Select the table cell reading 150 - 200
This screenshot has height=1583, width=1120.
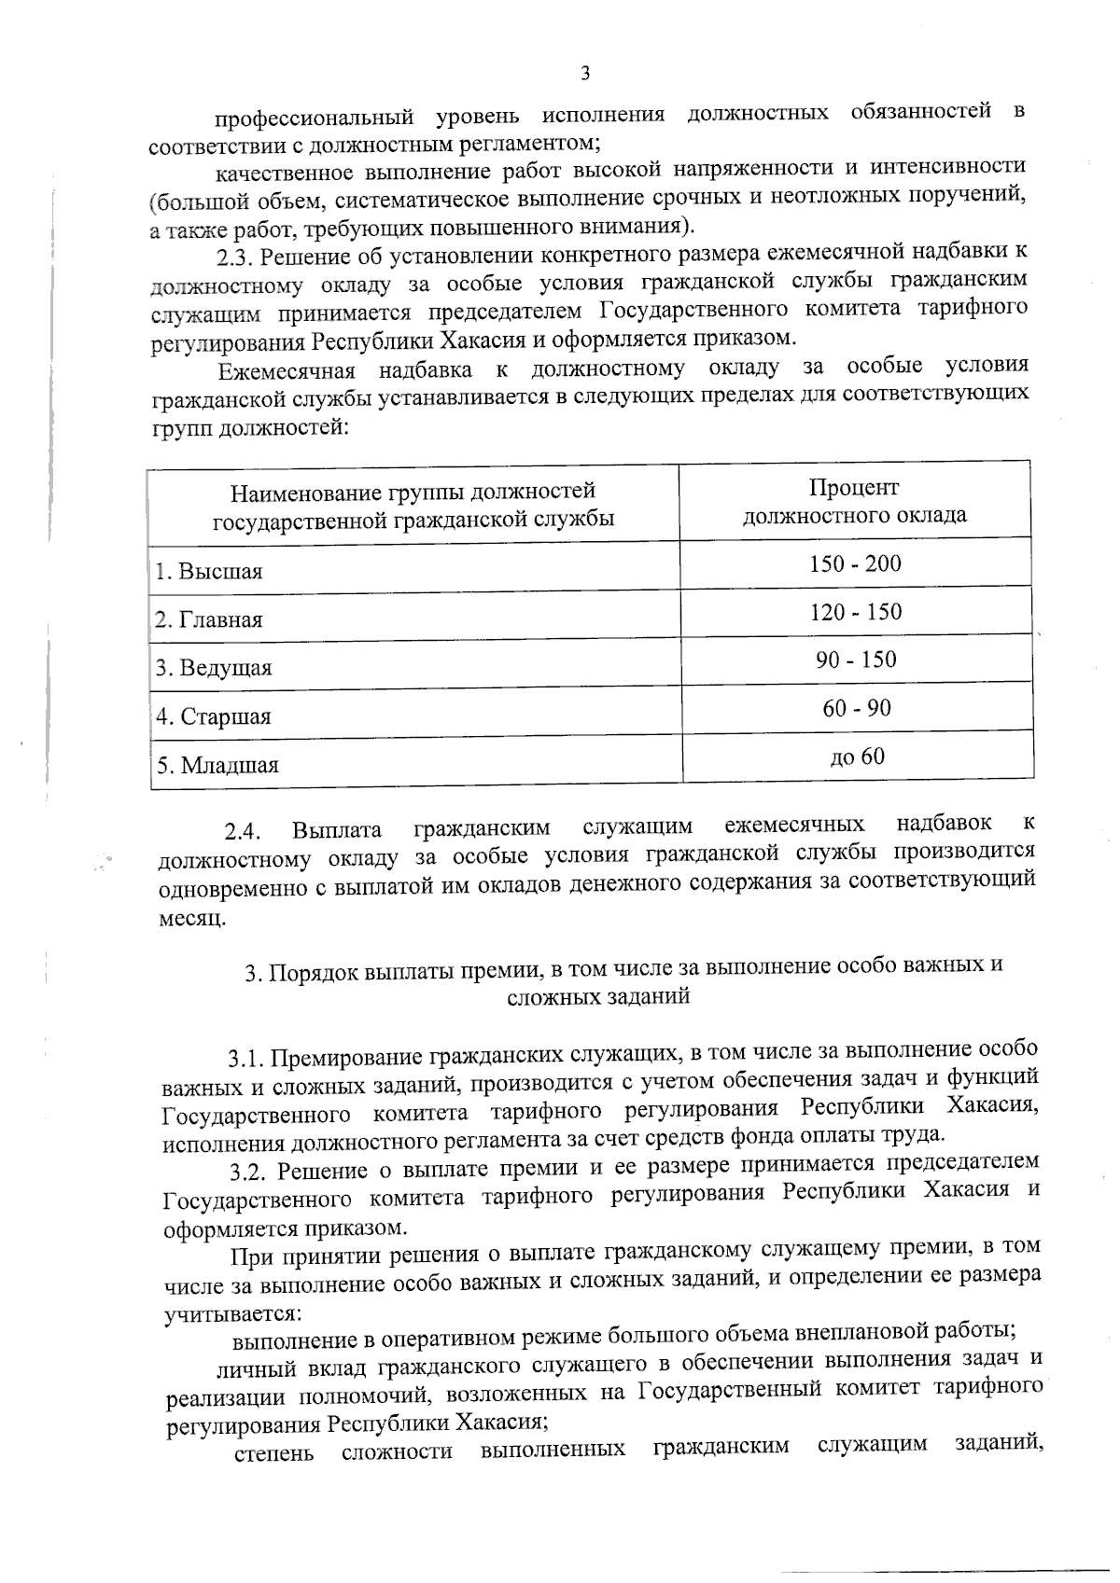tap(855, 564)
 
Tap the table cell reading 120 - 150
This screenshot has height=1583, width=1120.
tap(855, 613)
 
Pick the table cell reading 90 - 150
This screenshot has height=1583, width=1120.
tap(856, 660)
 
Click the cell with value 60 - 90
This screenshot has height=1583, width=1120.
tap(857, 709)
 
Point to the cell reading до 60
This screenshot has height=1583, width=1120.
tap(857, 757)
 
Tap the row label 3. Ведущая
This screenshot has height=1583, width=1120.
tap(214, 669)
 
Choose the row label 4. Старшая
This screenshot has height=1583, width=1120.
tap(214, 717)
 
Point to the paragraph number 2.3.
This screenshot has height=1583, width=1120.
tap(234, 256)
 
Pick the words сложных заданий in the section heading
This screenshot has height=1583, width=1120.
tap(598, 996)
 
